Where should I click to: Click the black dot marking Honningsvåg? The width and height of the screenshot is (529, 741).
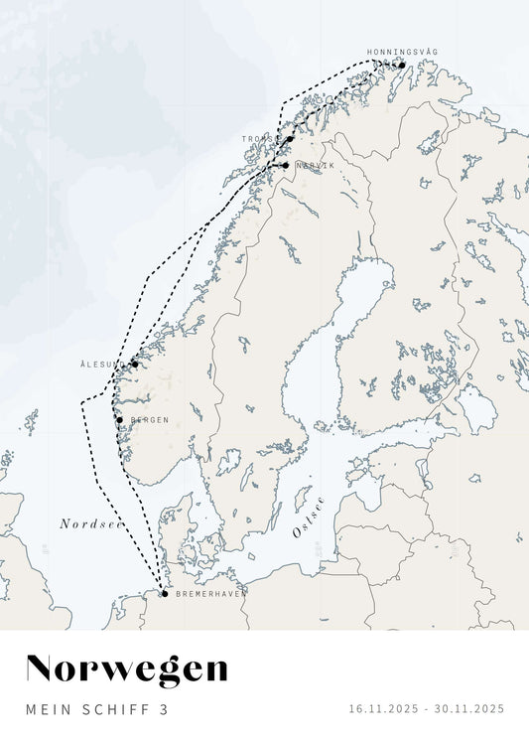pyautogui.click(x=402, y=67)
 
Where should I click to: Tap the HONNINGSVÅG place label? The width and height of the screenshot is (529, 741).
pyautogui.click(x=402, y=52)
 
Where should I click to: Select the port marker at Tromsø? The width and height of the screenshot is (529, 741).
pyautogui.click(x=290, y=139)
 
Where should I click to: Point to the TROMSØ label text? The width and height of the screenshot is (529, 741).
pyautogui.click(x=259, y=139)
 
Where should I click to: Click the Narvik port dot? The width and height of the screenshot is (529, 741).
pyautogui.click(x=285, y=165)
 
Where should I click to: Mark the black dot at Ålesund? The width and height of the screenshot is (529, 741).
pyautogui.click(x=135, y=364)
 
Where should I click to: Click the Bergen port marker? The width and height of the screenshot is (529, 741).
pyautogui.click(x=119, y=420)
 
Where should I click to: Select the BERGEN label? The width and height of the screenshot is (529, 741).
pyautogui.click(x=150, y=420)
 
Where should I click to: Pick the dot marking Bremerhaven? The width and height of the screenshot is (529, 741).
pyautogui.click(x=165, y=594)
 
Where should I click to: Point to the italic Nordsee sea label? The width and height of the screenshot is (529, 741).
pyautogui.click(x=90, y=523)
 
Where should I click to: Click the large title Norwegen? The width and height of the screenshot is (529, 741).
pyautogui.click(x=126, y=669)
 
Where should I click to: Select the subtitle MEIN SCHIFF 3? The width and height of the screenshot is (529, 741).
pyautogui.click(x=97, y=709)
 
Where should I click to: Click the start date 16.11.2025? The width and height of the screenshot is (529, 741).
pyautogui.click(x=382, y=709)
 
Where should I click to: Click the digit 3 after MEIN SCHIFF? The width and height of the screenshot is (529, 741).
pyautogui.click(x=165, y=709)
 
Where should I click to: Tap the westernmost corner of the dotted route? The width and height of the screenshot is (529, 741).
pyautogui.click(x=81, y=401)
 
